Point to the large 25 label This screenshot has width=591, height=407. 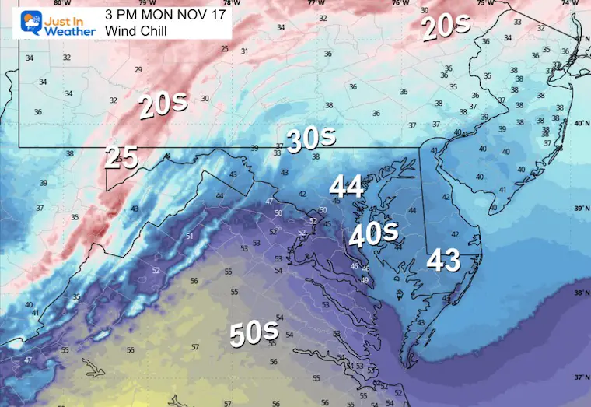(x=121, y=158)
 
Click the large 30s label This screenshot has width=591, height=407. (x=311, y=139)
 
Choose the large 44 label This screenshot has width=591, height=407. (x=347, y=187)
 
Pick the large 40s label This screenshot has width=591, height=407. (x=372, y=233)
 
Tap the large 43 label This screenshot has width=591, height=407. (x=444, y=261)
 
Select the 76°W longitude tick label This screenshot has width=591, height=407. (x=400, y=3)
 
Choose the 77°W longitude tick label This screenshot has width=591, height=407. (x=315, y=3)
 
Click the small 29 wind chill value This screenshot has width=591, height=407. (x=138, y=70)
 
